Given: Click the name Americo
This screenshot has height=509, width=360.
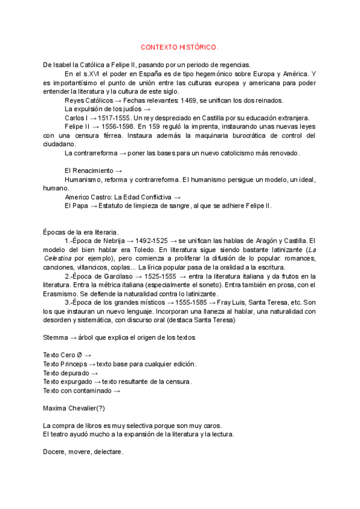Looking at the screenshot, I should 78,197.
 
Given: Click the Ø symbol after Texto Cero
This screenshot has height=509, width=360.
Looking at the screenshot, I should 79,355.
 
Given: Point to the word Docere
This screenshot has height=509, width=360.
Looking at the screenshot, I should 55,452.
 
